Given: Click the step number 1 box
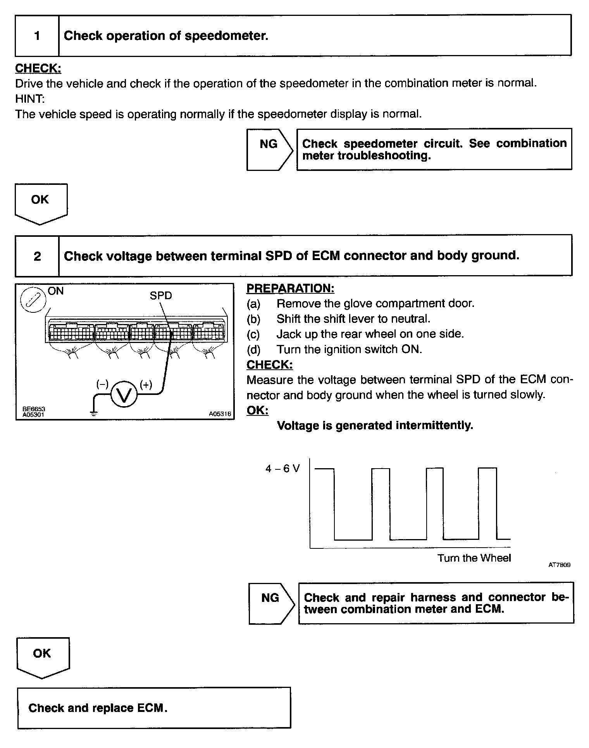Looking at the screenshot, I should click(37, 36).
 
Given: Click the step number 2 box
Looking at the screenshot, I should click(37, 256).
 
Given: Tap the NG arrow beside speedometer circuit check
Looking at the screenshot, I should click(269, 150).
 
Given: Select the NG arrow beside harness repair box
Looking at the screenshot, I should click(271, 603).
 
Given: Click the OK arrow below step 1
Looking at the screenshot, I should click(41, 203).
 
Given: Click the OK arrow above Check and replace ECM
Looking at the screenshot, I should click(43, 657).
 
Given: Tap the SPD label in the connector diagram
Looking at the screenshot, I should click(160, 296).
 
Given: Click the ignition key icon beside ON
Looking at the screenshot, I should click(33, 300).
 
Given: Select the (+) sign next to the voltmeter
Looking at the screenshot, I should click(146, 384).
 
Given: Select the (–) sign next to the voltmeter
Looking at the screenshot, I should click(102, 384).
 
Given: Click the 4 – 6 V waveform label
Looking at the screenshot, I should click(282, 469).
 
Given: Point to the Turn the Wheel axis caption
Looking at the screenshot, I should click(474, 558).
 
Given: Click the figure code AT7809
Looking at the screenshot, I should click(559, 565).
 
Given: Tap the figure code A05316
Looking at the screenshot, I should click(220, 414).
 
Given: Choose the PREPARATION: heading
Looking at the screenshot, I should click(290, 288).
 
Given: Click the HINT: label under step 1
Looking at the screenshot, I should click(30, 99).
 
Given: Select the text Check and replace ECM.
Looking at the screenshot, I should click(98, 708).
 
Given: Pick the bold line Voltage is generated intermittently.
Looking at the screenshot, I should click(375, 426).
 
